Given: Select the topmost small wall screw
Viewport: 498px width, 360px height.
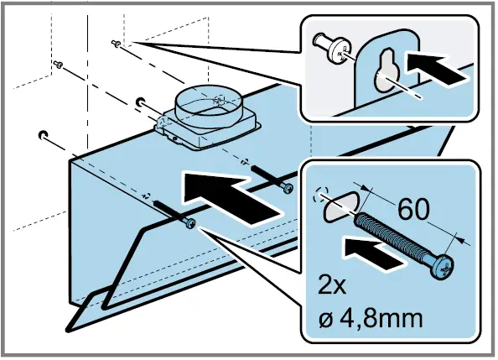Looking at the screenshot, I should click(x=116, y=44).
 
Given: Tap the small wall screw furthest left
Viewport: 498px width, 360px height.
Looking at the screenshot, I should click(x=58, y=64).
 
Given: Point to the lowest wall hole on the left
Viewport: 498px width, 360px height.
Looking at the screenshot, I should click(x=42, y=133).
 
